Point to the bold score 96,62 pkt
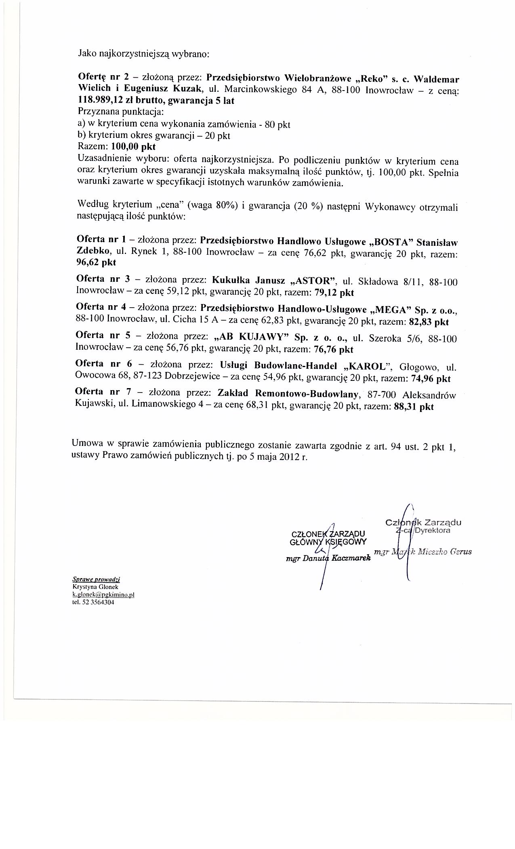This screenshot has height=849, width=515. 96,262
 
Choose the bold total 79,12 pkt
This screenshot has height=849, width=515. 334,292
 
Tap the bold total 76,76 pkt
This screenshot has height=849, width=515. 334,349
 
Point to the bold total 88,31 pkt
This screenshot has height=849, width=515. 413,407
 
